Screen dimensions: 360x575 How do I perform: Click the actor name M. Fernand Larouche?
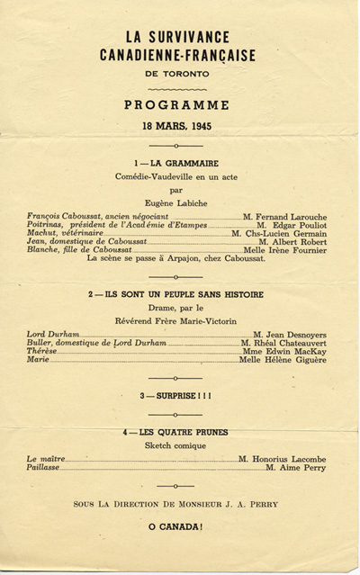tap(284, 218)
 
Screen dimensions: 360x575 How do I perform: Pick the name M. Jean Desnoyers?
tap(290, 335)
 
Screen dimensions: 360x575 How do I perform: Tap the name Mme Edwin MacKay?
tap(287, 352)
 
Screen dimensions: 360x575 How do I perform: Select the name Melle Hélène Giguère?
tap(283, 360)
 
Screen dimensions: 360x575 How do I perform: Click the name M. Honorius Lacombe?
tap(283, 459)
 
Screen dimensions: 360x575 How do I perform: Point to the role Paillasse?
tap(46, 468)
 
